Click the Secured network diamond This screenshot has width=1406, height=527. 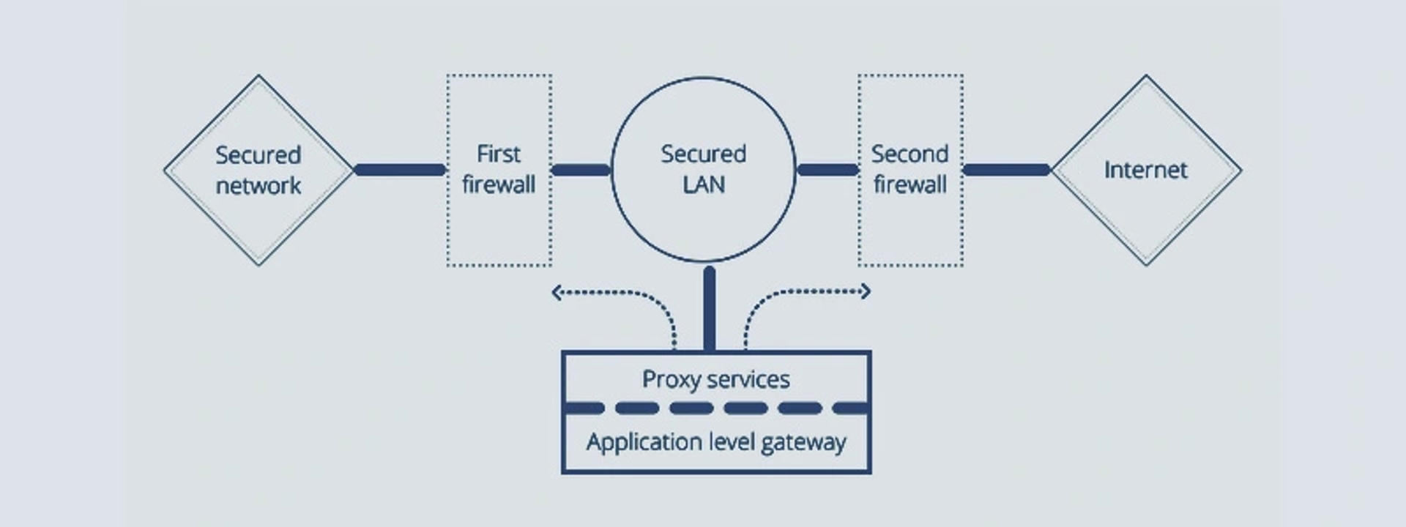click(258, 170)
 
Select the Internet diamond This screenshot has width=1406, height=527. click(1146, 170)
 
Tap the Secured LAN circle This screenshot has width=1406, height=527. click(704, 169)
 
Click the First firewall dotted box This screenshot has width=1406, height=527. click(499, 169)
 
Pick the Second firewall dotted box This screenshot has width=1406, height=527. click(910, 169)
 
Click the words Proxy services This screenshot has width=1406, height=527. click(715, 379)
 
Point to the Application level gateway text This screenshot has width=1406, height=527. click(715, 442)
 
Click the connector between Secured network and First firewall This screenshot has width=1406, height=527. click(400, 170)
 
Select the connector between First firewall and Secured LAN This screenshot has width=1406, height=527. click(581, 170)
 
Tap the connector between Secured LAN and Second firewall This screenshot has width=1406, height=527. click(827, 170)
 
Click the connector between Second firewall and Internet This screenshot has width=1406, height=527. click(1006, 170)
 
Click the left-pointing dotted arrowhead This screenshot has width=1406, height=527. click(556, 293)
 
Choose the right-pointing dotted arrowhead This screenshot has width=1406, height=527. click(866, 291)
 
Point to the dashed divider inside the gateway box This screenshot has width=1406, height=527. click(715, 408)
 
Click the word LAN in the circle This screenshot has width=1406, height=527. click(704, 184)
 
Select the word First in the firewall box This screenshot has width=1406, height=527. click(498, 154)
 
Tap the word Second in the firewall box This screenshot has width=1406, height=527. click(910, 154)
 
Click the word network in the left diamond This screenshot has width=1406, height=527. click(258, 186)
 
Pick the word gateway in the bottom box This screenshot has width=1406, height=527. click(803, 443)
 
